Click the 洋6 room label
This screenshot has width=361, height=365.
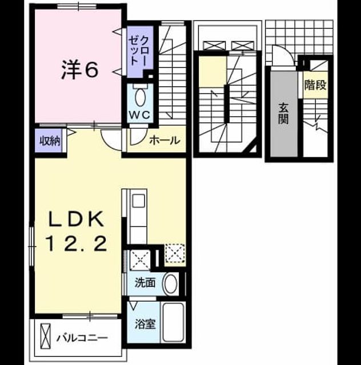[x=80, y=70]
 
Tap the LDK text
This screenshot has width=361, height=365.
[x=76, y=219]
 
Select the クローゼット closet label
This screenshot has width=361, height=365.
[x=138, y=51]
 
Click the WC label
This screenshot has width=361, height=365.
[x=140, y=115]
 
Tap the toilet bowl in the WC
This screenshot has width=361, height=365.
[x=140, y=98]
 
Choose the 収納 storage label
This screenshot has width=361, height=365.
[x=50, y=141]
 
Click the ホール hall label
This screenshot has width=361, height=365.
[x=165, y=140]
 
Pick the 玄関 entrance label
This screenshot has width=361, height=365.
[x=284, y=113]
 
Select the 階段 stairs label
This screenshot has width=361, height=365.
[x=315, y=85]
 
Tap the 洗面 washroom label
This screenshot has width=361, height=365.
[x=145, y=283]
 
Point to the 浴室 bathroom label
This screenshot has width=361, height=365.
[x=145, y=324]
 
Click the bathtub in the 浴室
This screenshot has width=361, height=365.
[x=173, y=322]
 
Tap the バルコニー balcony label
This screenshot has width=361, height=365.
[x=82, y=338]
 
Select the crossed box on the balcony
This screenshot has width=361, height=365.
[x=45, y=336]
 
